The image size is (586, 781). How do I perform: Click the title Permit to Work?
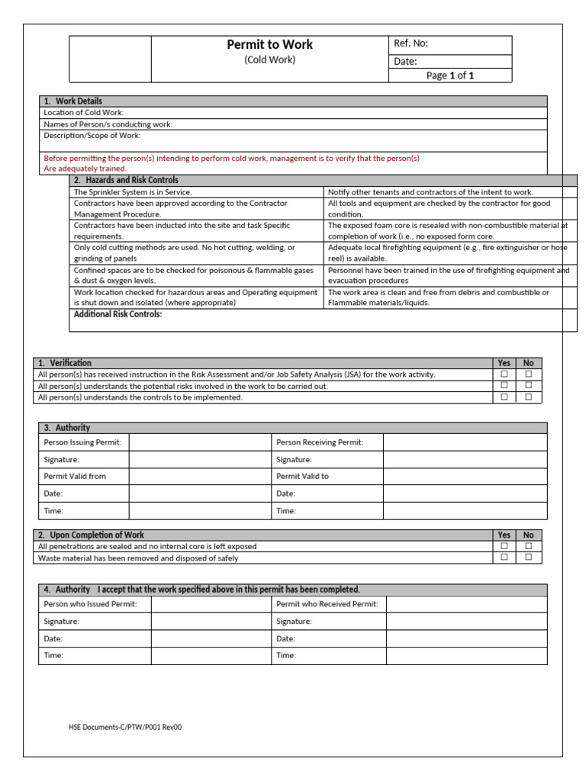pos(269,45)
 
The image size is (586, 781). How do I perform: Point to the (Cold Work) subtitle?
pos(269,60)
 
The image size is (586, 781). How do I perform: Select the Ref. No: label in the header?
pos(411,44)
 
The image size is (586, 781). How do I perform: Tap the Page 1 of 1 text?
pos(450,76)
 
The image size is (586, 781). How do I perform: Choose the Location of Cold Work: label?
pos(84,113)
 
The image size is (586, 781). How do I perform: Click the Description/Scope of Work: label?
pos(92,136)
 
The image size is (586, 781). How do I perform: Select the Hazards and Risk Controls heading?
pos(126,180)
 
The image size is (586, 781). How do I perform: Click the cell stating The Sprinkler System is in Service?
pos(133,192)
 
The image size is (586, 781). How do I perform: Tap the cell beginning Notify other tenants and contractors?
pos(430,192)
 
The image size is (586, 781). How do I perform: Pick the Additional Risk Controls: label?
pos(118,314)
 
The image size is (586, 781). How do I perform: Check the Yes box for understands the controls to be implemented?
pos(504,397)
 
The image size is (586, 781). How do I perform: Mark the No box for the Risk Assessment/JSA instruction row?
pos(529,374)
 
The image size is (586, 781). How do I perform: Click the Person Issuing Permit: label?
pos(82,442)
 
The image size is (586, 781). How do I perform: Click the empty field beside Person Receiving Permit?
pos(465,442)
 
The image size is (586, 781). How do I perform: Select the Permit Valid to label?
pos(302,476)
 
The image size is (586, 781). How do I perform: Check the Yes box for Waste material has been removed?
pos(504,558)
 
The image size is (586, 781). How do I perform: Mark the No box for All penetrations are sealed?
pos(529,546)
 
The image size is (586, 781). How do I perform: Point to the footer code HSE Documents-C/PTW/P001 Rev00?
pos(125,727)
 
